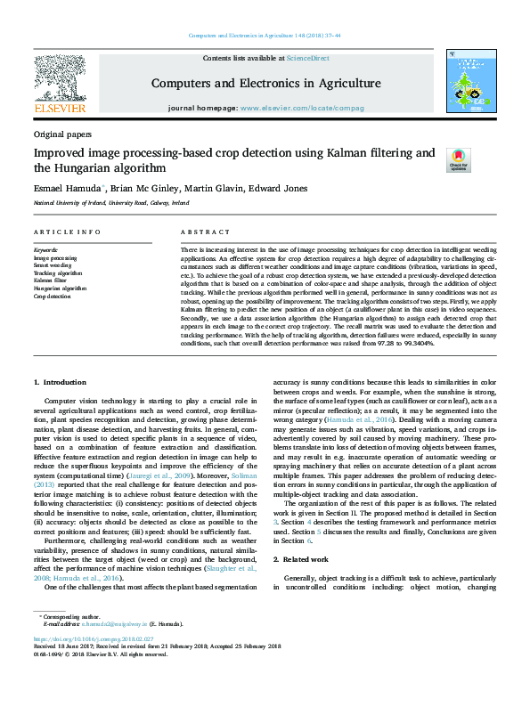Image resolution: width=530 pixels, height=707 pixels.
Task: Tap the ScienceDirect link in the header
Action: coord(307,58)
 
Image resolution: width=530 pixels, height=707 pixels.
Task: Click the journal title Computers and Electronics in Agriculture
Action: coord(265,84)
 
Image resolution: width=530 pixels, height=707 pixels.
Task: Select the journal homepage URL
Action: coord(314,108)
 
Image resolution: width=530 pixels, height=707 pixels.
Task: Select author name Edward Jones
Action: coord(273,188)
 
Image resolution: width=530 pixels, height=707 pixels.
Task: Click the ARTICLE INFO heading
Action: coord(67,232)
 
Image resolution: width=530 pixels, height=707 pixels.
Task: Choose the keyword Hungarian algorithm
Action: coord(61,288)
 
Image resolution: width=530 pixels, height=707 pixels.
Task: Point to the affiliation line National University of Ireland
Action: coord(111,203)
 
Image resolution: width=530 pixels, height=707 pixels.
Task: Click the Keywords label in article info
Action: coord(46,251)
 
